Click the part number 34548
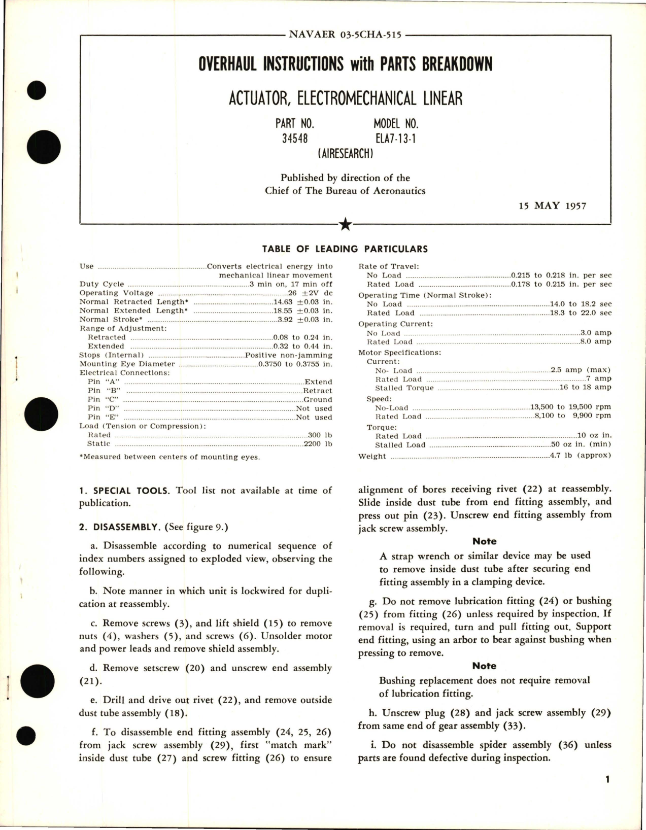295,139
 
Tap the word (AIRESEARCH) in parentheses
345,153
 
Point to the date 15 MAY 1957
552,205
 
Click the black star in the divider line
345,224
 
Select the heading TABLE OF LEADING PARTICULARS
345,249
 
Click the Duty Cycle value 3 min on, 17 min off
291,284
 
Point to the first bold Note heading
484,541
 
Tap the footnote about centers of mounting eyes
169,457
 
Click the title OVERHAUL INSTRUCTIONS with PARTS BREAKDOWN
345,64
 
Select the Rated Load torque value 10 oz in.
594,436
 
